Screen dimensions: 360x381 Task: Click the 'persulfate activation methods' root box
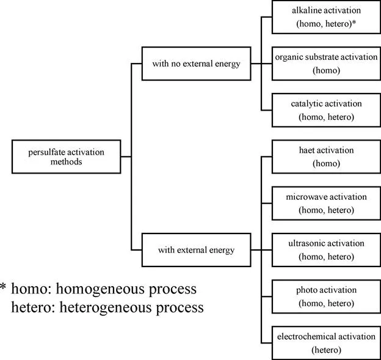66,156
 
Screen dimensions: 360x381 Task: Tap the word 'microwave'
304,197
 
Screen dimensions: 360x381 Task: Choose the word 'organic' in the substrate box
289,58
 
